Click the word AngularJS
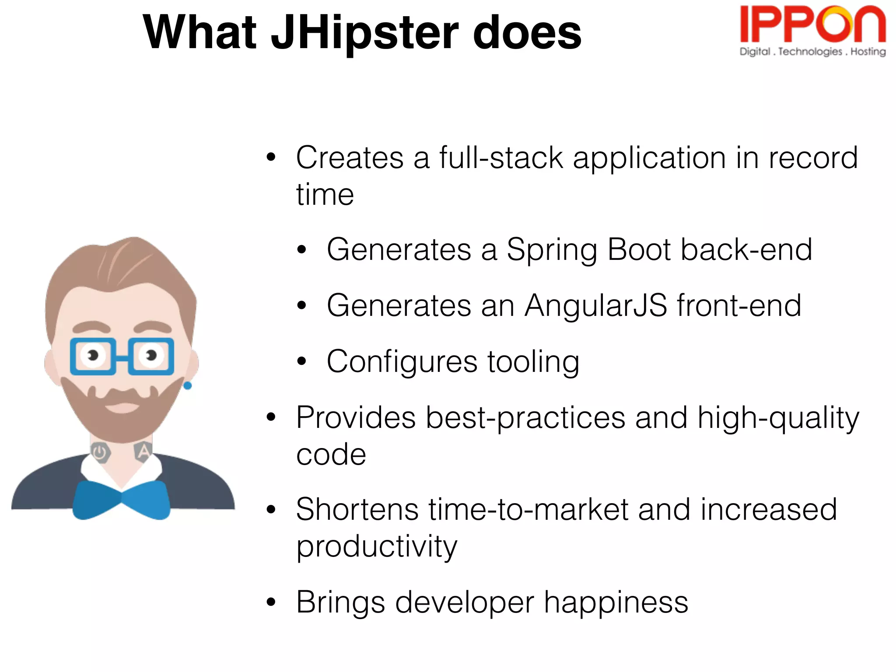click(x=596, y=305)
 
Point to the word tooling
click(x=533, y=362)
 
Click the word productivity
click(x=376, y=547)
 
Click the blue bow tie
click(x=121, y=500)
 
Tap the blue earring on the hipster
click(x=188, y=385)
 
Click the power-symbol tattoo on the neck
click(x=100, y=452)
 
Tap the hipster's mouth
click(x=122, y=407)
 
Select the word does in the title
click(x=527, y=33)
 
